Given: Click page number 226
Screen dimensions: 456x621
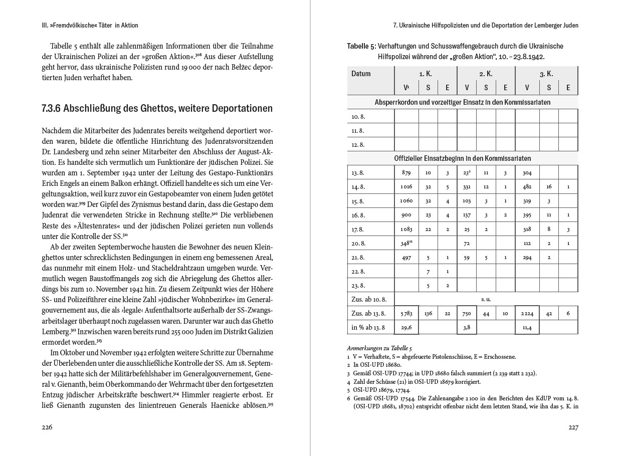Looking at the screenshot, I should click(x=47, y=427).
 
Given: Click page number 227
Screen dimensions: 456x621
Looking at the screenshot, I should click(x=573, y=427).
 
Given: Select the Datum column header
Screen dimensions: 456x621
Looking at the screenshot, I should click(x=361, y=74).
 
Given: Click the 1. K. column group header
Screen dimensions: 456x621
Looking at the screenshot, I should click(x=426, y=74).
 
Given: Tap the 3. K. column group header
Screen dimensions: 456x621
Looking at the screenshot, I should click(x=546, y=74).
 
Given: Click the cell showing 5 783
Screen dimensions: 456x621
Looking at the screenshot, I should click(x=406, y=314).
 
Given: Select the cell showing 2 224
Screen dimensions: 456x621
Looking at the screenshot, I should click(x=527, y=314).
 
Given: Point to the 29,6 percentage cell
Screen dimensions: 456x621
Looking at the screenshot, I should click(x=406, y=328).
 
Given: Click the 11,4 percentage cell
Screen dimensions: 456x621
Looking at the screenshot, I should click(x=527, y=328).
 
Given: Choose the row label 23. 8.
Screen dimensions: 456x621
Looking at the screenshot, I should click(x=358, y=286).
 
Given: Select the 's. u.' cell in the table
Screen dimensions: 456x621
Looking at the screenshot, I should click(x=486, y=299).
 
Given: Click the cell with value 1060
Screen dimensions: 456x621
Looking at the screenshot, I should click(x=406, y=200).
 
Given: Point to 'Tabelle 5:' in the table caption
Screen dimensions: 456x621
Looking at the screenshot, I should click(x=361, y=46).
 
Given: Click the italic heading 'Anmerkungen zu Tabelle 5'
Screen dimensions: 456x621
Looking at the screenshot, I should click(x=379, y=348).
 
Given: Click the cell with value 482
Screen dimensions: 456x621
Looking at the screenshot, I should click(x=527, y=186).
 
